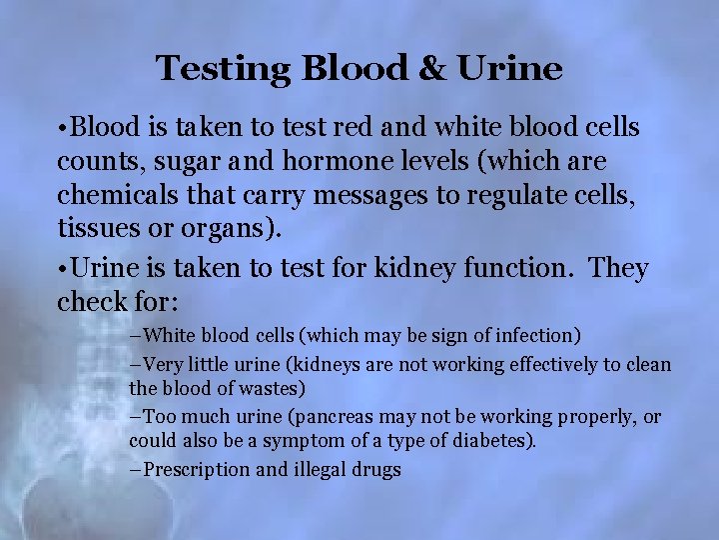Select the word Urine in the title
[x=511, y=69]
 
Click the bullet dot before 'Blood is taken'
[x=63, y=129]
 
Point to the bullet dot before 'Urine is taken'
[x=63, y=269]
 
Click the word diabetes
[x=495, y=440]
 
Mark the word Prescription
[x=197, y=469]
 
